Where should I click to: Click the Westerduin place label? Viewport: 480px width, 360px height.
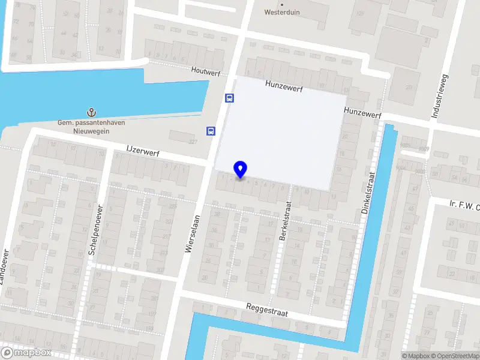click(x=282, y=11)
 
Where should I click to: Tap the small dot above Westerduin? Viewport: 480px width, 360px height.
click(x=282, y=4)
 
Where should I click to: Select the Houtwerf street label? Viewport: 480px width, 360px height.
click(x=206, y=71)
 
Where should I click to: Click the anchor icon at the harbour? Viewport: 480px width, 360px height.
click(x=91, y=112)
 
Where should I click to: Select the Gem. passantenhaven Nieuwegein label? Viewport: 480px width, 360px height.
click(x=83, y=127)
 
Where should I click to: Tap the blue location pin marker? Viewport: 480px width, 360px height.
click(x=241, y=170)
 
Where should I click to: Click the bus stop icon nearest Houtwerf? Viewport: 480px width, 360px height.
click(x=229, y=98)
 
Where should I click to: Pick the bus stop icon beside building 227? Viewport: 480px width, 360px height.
click(x=211, y=131)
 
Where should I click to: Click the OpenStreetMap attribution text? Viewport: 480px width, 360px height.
click(x=454, y=356)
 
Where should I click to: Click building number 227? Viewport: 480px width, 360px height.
click(x=193, y=142)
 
